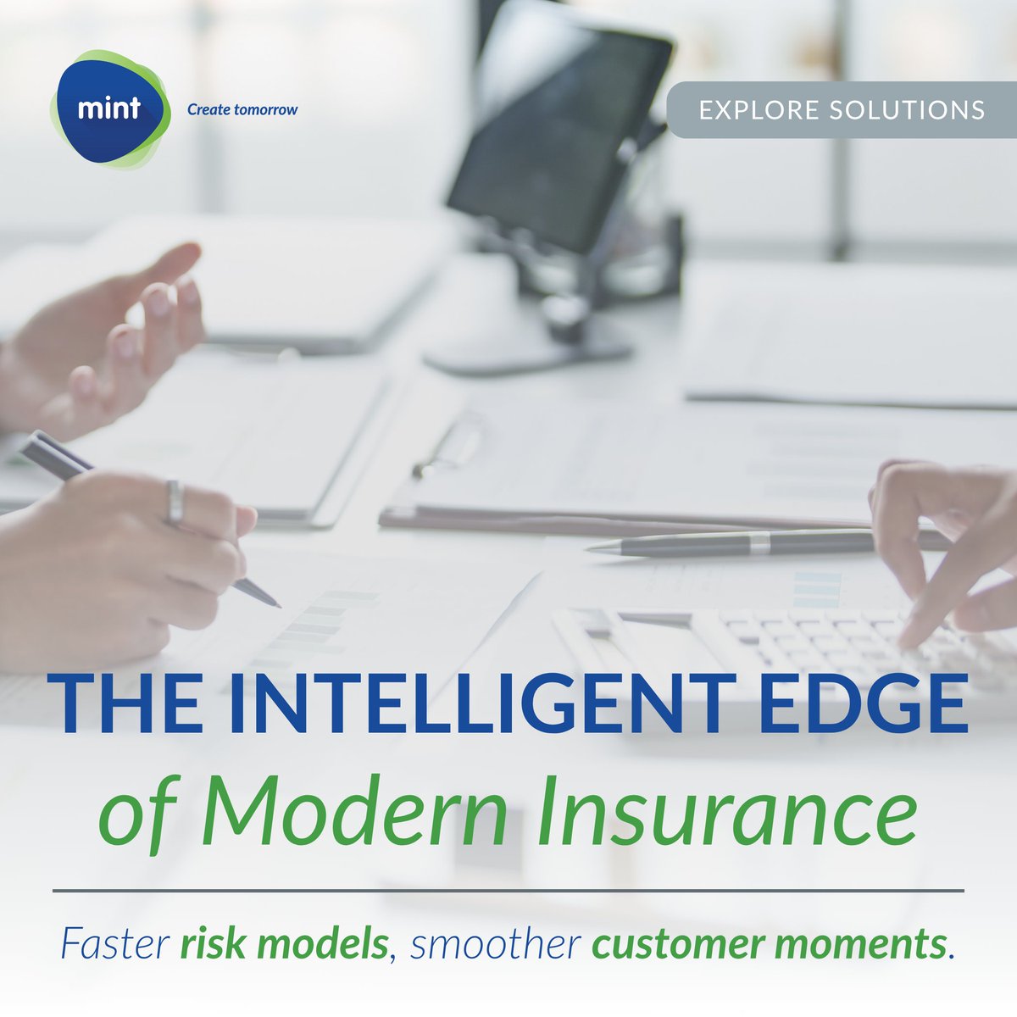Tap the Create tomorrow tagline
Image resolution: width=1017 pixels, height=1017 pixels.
pos(242,109)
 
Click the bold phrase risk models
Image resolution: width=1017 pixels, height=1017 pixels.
pos(284,944)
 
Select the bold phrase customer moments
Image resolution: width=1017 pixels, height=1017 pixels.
pos(767,944)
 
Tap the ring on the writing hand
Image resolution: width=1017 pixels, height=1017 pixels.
pos(175,502)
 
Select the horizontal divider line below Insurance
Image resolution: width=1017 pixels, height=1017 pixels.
pos(508,891)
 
